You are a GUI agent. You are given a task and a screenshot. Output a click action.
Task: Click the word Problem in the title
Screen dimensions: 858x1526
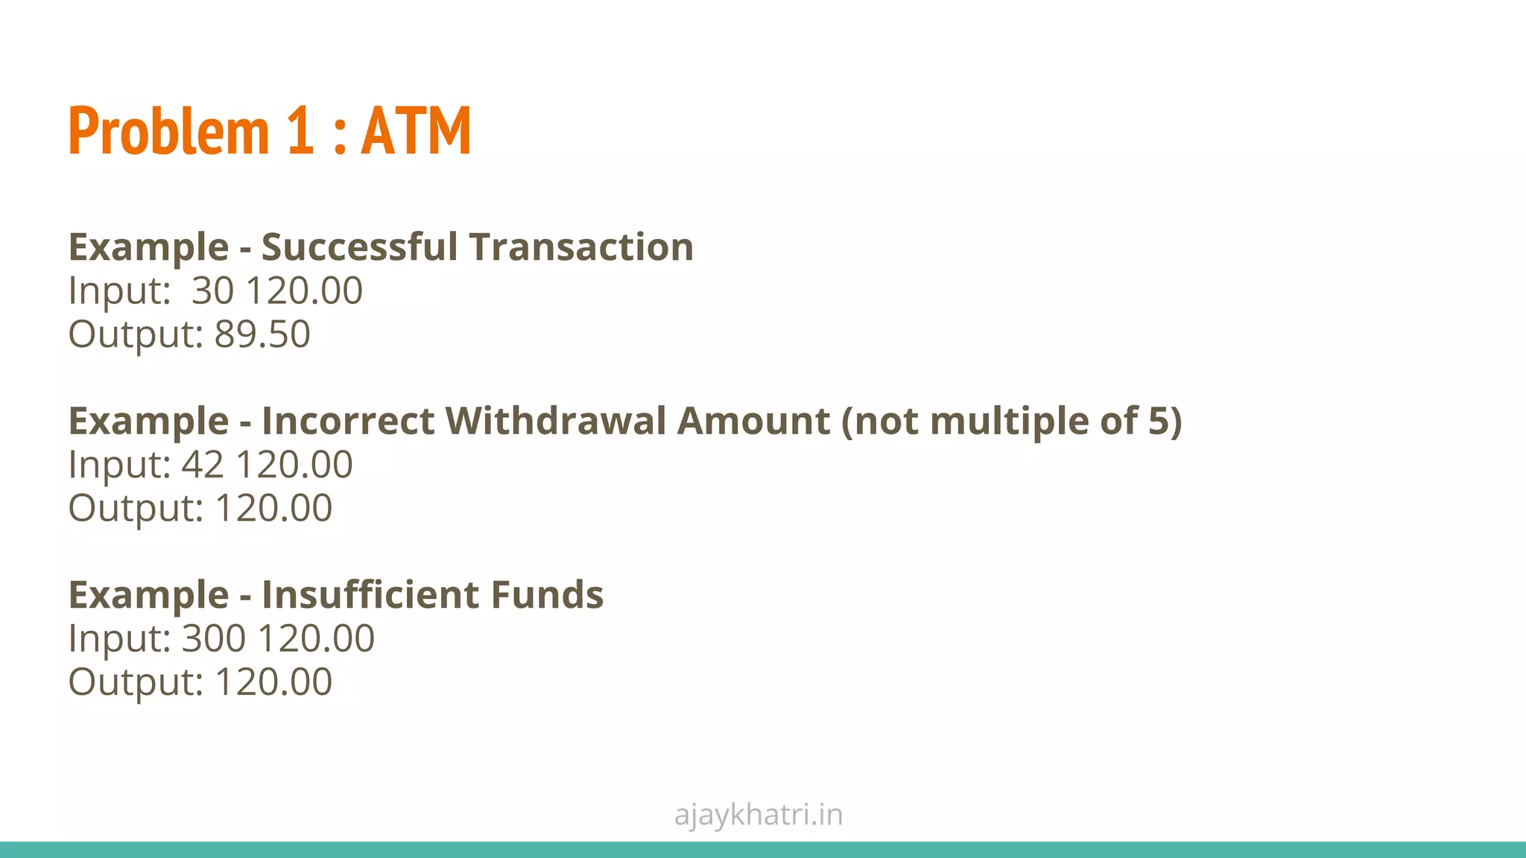pyautogui.click(x=168, y=131)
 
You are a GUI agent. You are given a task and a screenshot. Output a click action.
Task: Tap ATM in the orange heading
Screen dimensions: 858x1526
pyautogui.click(x=416, y=131)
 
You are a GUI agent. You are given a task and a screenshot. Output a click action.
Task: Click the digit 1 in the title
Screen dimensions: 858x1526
pyautogui.click(x=300, y=131)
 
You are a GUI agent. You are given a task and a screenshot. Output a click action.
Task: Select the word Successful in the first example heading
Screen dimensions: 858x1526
pyautogui.click(x=358, y=247)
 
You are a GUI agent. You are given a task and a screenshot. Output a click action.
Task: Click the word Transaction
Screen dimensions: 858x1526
pyautogui.click(x=581, y=247)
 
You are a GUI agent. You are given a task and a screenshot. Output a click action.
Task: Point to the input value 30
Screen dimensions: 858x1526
pyautogui.click(x=212, y=290)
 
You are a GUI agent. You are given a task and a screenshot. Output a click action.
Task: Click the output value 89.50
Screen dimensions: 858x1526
pyautogui.click(x=262, y=334)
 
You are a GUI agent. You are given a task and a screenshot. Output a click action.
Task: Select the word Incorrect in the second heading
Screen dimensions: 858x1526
pyautogui.click(x=347, y=421)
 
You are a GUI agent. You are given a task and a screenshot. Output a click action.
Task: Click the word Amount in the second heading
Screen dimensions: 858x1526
pyautogui.click(x=753, y=421)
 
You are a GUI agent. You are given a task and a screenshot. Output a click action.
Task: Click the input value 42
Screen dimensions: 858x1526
pyautogui.click(x=203, y=465)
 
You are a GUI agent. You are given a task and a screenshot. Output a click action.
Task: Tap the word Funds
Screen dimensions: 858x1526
pyautogui.click(x=546, y=595)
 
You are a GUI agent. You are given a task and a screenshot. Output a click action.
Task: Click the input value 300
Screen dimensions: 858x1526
pyautogui.click(x=214, y=639)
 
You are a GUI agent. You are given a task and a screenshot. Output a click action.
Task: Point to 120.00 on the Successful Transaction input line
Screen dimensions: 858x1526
pyautogui.click(x=303, y=290)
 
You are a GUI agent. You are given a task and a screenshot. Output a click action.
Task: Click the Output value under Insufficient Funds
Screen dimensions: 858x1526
pyautogui.click(x=273, y=682)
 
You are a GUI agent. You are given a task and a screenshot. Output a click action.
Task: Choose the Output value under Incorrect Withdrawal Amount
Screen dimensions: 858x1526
pyautogui.click(x=273, y=509)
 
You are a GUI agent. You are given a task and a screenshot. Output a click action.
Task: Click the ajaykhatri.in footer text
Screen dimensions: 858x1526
pyautogui.click(x=758, y=815)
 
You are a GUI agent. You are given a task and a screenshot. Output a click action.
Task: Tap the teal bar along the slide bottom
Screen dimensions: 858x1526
pyautogui.click(x=763, y=850)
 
